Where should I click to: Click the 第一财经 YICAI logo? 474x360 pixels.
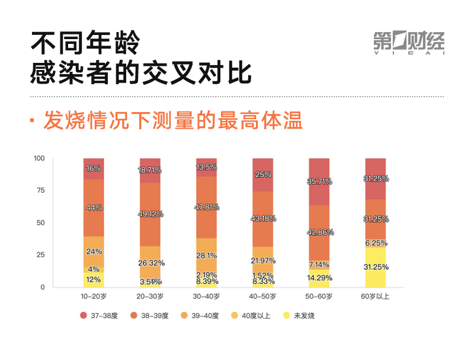click(408, 42)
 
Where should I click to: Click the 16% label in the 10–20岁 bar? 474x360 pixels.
click(94, 168)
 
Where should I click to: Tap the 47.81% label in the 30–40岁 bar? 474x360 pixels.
click(206, 207)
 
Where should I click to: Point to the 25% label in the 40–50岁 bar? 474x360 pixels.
click(263, 175)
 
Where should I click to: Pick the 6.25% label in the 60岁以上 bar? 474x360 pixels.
click(375, 243)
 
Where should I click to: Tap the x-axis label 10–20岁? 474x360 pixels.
click(94, 296)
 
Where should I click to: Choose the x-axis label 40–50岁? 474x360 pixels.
click(262, 296)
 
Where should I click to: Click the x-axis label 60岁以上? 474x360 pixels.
click(375, 296)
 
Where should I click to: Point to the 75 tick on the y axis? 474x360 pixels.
click(40, 190)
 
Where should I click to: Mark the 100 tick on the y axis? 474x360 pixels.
click(39, 158)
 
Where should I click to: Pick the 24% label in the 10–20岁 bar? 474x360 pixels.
click(94, 251)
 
